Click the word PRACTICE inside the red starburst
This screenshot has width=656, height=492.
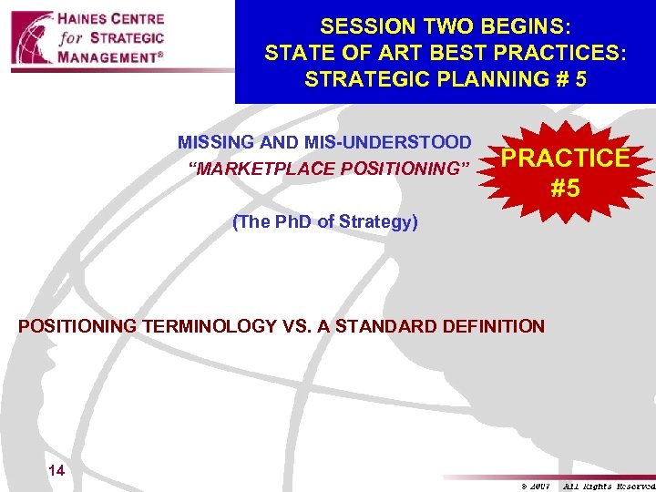click(x=565, y=158)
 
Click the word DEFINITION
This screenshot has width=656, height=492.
click(x=499, y=326)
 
